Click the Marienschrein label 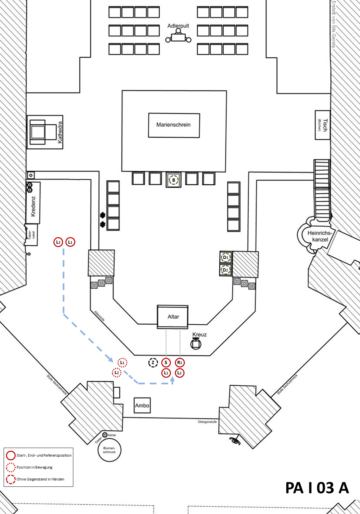pyautogui.click(x=174, y=125)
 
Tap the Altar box pyautogui.click(x=173, y=317)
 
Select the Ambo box pyautogui.click(x=142, y=405)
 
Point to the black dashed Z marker pyautogui.click(x=153, y=362)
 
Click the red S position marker pyautogui.click(x=166, y=362)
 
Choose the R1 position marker pyautogui.click(x=180, y=362)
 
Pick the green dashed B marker pyautogui.click(x=174, y=180)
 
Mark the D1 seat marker pyautogui.click(x=226, y=257)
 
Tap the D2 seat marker pyautogui.click(x=226, y=270)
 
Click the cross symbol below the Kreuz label pyautogui.click(x=196, y=344)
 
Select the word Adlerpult pyautogui.click(x=178, y=26)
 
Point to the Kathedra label pyautogui.click(x=60, y=132)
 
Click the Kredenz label pyautogui.click(x=33, y=206)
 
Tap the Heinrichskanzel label pyautogui.click(x=320, y=236)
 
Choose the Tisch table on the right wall pyautogui.click(x=323, y=125)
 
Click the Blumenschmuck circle pyautogui.click(x=109, y=450)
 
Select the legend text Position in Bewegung pyautogui.click(x=35, y=467)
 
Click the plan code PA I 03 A pyautogui.click(x=317, y=488)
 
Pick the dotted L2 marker pyautogui.click(x=116, y=373)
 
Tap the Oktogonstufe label pyautogui.click(x=207, y=422)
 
